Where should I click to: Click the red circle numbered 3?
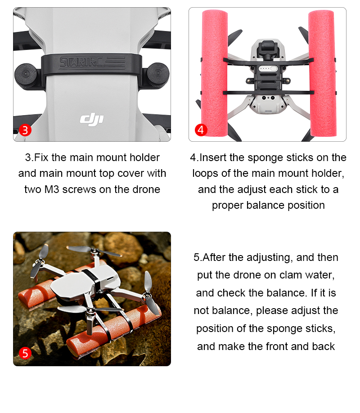click(25, 130)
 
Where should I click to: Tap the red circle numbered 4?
click(201, 130)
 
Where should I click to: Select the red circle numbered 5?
click(25, 353)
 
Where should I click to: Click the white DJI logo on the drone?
click(92, 119)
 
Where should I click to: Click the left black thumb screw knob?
click(26, 76)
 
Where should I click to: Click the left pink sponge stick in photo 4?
click(215, 73)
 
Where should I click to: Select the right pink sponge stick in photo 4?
click(323, 73)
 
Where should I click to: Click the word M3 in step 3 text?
click(52, 189)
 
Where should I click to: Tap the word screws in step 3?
click(79, 189)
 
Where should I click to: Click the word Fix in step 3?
click(41, 157)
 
